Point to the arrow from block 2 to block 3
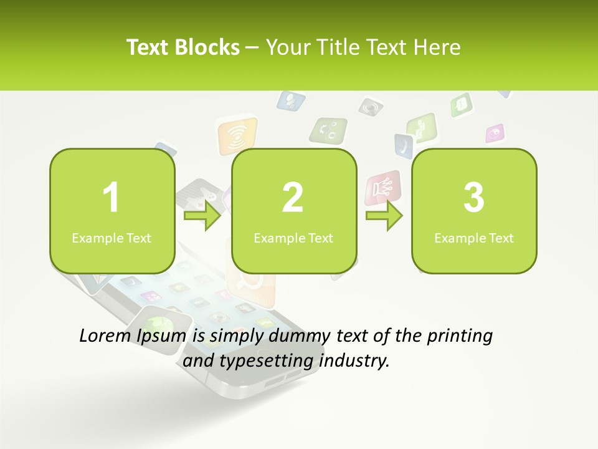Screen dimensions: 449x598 (x=384, y=216)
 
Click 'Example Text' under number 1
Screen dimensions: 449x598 (x=112, y=238)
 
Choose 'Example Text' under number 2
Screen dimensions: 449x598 (x=293, y=238)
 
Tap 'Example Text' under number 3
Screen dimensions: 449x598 (x=474, y=238)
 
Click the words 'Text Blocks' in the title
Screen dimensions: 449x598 (x=183, y=47)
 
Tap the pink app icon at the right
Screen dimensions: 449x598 (x=495, y=133)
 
